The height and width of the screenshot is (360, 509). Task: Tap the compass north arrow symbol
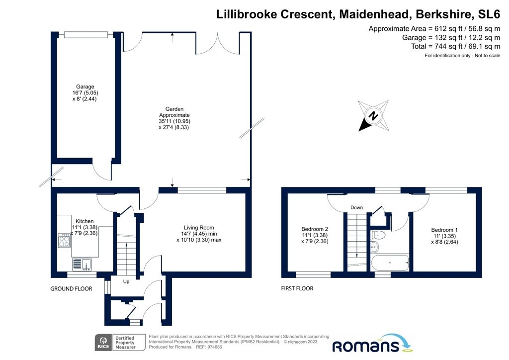click(x=373, y=116)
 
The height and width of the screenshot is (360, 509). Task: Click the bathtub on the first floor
click(x=390, y=262)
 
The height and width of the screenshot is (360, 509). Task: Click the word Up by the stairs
click(x=126, y=281)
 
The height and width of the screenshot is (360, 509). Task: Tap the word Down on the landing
click(x=356, y=207)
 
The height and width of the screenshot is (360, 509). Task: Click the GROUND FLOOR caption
click(x=71, y=288)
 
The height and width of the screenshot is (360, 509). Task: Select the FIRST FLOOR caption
click(x=297, y=288)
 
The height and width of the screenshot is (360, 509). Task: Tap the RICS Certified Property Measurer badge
click(x=119, y=343)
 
